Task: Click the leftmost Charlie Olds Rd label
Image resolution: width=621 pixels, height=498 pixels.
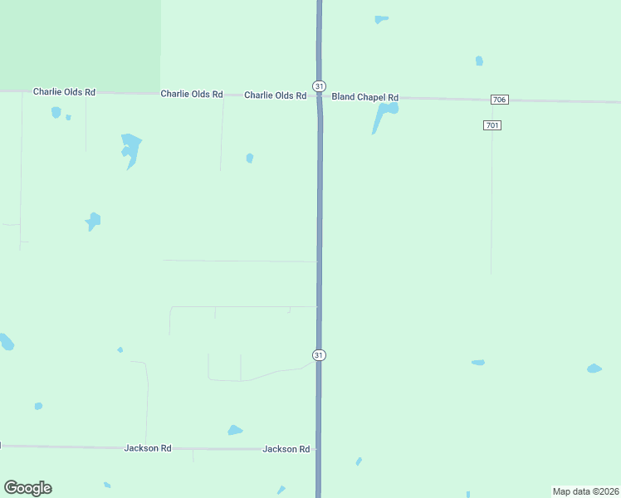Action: pyautogui.click(x=64, y=92)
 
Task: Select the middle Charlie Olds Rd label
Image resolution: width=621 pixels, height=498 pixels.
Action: pyautogui.click(x=192, y=95)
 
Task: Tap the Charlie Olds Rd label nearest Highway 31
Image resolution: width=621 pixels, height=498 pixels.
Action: pyautogui.click(x=275, y=95)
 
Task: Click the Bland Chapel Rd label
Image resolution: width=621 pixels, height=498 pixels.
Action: pyautogui.click(x=364, y=97)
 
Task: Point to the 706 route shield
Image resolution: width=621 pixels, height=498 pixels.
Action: pyautogui.click(x=499, y=100)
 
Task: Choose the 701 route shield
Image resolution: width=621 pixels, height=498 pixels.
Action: pyautogui.click(x=491, y=125)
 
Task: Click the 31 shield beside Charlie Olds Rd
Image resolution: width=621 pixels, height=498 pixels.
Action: pyautogui.click(x=319, y=85)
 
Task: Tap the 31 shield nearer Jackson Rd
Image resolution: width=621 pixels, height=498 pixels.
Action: pyautogui.click(x=319, y=355)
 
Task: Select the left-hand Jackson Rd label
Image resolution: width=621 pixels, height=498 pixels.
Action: pyautogui.click(x=148, y=448)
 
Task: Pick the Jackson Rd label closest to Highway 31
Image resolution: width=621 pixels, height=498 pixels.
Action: pyautogui.click(x=286, y=449)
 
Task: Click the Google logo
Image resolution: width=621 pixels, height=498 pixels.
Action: pyautogui.click(x=27, y=488)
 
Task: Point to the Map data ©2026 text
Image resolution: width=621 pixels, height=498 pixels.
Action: pyautogui.click(x=585, y=491)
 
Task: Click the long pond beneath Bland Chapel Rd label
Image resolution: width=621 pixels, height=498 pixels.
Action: pyautogui.click(x=384, y=114)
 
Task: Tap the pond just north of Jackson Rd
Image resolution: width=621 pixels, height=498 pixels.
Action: pyautogui.click(x=235, y=430)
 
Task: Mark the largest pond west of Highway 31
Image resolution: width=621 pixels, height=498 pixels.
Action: pyautogui.click(x=130, y=148)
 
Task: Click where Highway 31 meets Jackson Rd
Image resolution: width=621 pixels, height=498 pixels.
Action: pyautogui.click(x=319, y=450)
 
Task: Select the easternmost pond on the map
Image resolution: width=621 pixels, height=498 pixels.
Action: pyautogui.click(x=594, y=369)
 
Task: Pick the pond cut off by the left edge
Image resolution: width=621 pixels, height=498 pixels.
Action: pyautogui.click(x=5, y=341)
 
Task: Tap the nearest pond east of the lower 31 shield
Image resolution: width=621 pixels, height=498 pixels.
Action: pyautogui.click(x=477, y=363)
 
